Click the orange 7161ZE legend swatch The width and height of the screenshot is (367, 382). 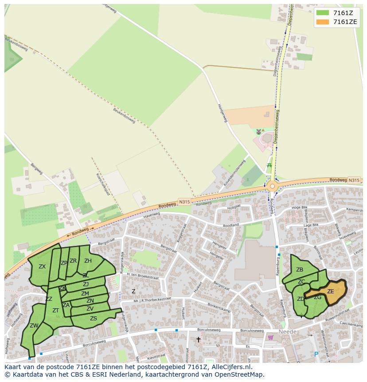tap(323, 22)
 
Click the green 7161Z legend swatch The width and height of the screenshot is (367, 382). tap(323, 13)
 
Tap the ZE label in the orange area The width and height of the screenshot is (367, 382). tap(330, 291)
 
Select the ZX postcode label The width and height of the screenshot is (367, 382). tap(42, 267)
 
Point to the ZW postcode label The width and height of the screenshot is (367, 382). tap(34, 326)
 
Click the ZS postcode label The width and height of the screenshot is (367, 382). tap(94, 319)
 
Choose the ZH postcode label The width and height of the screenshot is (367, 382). tap(88, 261)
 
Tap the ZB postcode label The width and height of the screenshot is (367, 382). tap(300, 270)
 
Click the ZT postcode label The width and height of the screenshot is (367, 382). tap(56, 311)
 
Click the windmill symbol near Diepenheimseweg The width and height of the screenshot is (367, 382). tap(259, 132)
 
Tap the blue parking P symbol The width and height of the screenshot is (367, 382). tap(316, 354)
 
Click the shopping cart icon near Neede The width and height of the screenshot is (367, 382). tap(271, 337)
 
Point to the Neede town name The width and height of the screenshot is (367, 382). tap(287, 332)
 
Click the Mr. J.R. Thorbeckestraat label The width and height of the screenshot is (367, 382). tap(152, 299)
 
